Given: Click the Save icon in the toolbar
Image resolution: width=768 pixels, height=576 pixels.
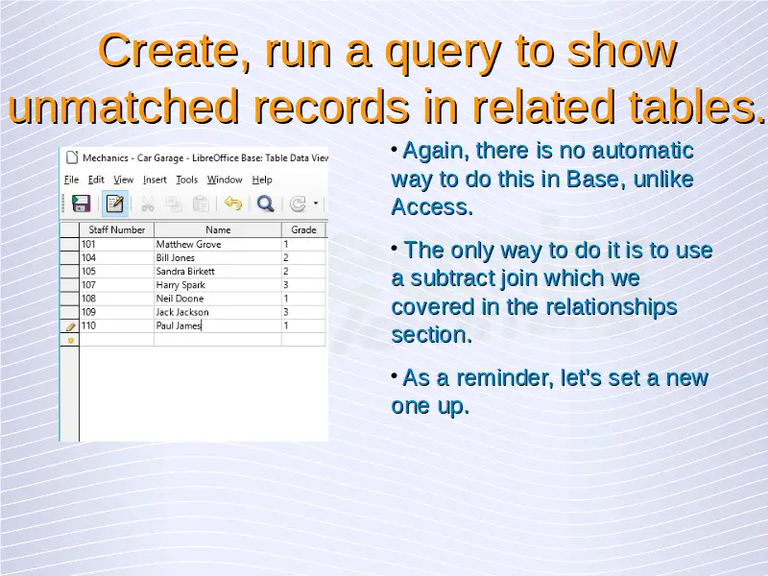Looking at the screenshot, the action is coord(81,204).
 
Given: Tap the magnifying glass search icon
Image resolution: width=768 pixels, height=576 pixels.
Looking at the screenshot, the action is coord(266,204).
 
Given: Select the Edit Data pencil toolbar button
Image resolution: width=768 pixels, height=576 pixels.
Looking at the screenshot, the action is coord(115,204).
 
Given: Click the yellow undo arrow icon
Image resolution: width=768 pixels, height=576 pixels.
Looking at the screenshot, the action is coord(233,203).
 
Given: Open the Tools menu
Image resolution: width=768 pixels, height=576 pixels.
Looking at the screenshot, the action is coord(186,180).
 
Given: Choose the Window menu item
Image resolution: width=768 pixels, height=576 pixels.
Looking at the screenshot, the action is coord(225,180).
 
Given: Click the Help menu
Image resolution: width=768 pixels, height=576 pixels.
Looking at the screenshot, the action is coord(262,180).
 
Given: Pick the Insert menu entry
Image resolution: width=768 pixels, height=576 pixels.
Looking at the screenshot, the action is coord(155,180).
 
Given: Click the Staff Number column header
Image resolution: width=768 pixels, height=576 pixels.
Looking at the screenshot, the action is coord(116,229).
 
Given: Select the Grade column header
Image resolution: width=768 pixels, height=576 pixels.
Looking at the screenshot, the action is coord(303,229).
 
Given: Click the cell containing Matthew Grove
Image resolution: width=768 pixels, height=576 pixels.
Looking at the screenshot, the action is coord(218,244).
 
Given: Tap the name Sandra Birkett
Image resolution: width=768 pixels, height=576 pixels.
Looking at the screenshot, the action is coord(185,272).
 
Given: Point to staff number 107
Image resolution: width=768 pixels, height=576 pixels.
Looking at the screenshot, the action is coord(88,285).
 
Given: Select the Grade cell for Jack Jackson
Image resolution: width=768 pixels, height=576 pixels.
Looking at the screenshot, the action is coord(303,312).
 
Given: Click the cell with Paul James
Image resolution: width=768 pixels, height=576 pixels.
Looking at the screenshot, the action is coord(218,325).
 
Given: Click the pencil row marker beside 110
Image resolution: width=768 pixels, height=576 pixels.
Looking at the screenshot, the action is coord(70,326).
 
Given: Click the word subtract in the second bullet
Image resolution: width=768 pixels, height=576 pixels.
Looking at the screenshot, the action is coord(451,278).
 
